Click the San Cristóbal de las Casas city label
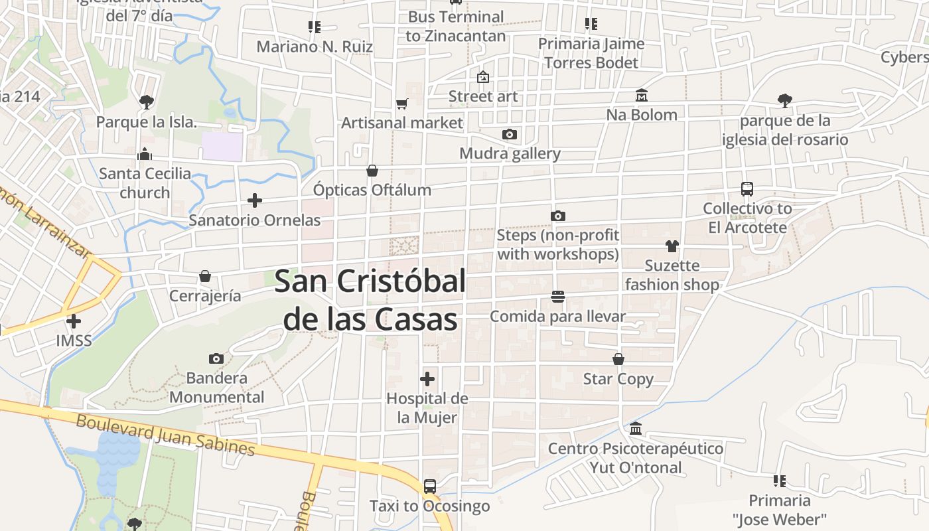click(370, 300)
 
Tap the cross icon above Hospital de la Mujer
click(428, 379)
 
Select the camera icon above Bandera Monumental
click(216, 358)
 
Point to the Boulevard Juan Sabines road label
click(165, 435)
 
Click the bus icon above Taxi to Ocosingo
click(430, 486)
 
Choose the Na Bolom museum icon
click(641, 96)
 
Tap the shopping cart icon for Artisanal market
click(401, 104)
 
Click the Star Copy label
click(618, 379)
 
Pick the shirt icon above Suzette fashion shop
click(672, 246)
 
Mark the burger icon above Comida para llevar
click(557, 296)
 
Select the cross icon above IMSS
click(74, 321)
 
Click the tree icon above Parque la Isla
click(147, 102)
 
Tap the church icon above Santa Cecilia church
click(145, 154)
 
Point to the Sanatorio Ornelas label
click(255, 220)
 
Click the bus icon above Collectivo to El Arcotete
click(747, 189)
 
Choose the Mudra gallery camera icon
click(510, 134)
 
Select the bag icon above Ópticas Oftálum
click(372, 171)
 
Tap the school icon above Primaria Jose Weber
click(780, 481)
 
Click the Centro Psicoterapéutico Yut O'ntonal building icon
click(636, 428)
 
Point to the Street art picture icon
click(483, 77)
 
